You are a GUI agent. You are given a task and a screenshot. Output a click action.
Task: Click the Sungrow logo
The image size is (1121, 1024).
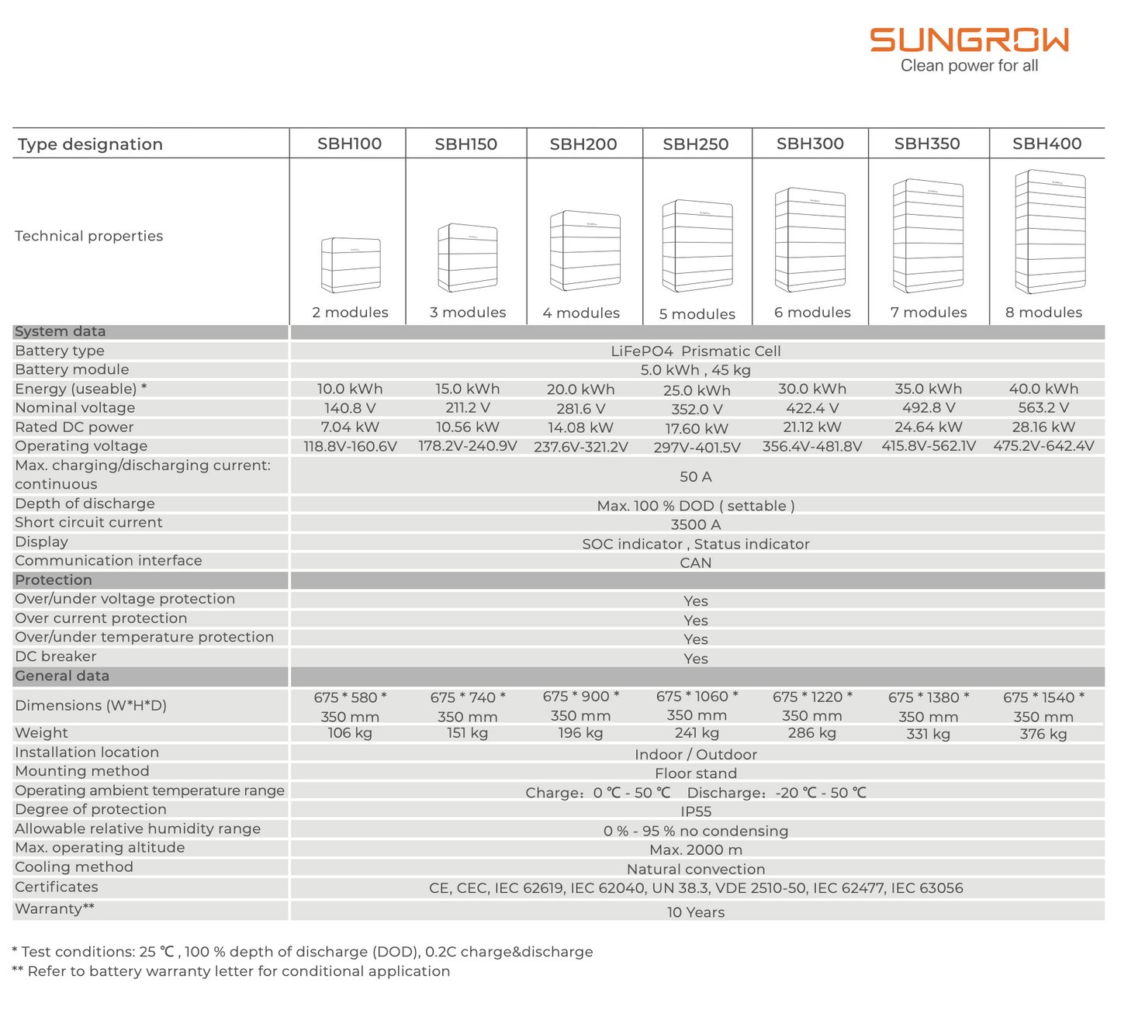[x=969, y=40]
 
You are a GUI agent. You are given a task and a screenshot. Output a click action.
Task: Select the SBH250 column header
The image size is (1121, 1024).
[x=695, y=144]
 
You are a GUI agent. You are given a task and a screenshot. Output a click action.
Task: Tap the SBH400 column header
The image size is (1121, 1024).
[x=1047, y=144]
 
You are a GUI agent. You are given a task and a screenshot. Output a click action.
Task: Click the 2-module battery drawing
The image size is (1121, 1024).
[x=351, y=265]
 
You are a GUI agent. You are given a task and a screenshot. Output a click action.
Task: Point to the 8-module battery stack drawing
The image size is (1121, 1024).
[x=1050, y=232]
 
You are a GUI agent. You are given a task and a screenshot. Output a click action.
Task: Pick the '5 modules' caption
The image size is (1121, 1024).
[x=697, y=314]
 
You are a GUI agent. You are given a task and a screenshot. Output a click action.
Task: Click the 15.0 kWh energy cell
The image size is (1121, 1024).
[x=467, y=389]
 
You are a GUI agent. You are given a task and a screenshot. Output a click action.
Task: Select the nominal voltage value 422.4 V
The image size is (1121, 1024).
[x=811, y=408]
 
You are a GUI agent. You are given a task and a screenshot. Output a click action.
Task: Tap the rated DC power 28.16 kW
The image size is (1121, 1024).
[x=1043, y=427]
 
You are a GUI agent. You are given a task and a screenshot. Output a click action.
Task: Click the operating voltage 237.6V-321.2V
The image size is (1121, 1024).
[x=580, y=447]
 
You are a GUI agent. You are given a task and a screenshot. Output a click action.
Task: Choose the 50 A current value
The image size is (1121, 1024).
[x=695, y=476]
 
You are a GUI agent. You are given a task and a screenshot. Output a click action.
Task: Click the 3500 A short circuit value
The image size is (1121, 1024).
[x=695, y=524]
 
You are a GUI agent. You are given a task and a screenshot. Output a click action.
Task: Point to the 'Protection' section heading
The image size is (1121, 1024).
[x=54, y=580]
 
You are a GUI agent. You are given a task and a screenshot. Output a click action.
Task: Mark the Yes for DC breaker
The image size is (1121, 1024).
[x=695, y=659]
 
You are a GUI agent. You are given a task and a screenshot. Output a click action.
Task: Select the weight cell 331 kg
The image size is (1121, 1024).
[x=928, y=734]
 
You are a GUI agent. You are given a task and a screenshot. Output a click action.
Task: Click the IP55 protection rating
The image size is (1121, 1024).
[x=695, y=811]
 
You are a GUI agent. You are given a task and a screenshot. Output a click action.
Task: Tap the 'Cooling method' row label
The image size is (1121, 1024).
[x=74, y=867]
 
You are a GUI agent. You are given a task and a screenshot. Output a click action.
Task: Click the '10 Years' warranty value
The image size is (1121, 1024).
[x=695, y=912]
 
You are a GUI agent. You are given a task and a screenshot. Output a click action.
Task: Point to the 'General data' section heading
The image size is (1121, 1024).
[x=62, y=676]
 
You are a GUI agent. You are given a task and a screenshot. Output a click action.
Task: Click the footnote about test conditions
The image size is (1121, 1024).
[x=303, y=952]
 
